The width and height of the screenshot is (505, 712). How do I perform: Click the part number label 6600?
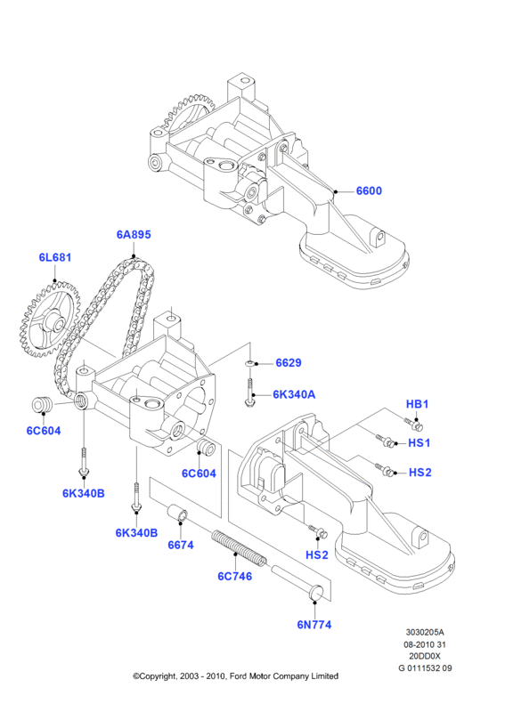(x=369, y=190)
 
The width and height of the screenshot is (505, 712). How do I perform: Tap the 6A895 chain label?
(x=134, y=234)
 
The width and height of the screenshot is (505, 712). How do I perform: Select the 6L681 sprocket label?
(x=55, y=257)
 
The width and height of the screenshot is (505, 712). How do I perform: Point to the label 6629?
(x=289, y=362)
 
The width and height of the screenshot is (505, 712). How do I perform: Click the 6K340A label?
(x=294, y=394)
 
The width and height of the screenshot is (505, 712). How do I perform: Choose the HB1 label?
(x=417, y=404)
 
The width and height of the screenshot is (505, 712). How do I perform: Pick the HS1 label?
(x=419, y=442)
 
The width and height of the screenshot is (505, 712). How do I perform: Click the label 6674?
(x=181, y=545)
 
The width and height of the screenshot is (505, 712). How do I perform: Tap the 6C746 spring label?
(x=234, y=576)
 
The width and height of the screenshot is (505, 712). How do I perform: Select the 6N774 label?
(x=314, y=625)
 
